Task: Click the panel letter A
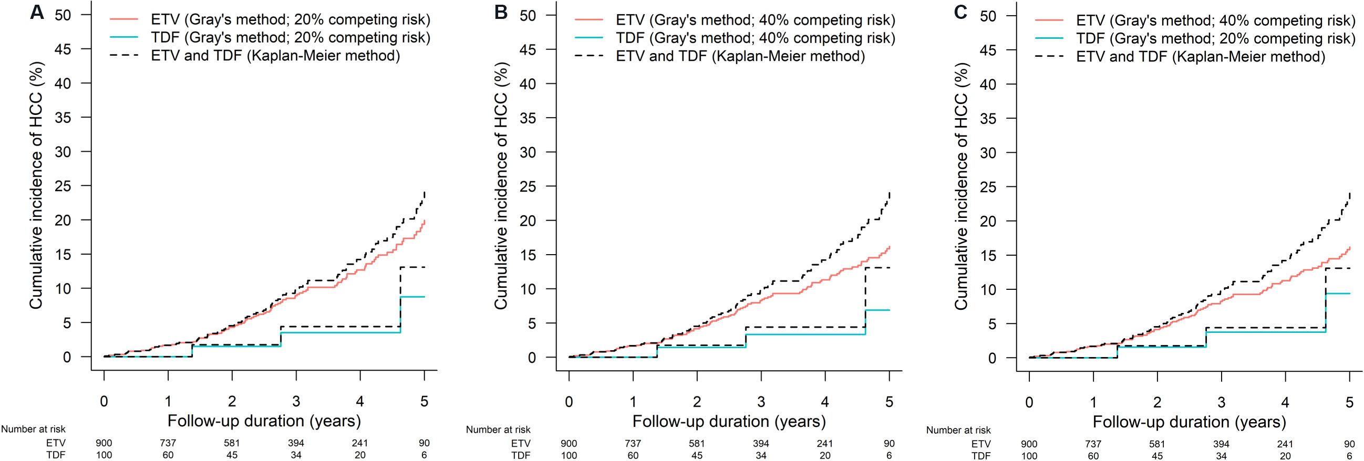click(x=37, y=12)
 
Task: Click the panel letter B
click(x=500, y=12)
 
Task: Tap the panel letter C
click(x=960, y=12)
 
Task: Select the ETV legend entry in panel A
click(x=270, y=19)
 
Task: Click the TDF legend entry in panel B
click(x=735, y=38)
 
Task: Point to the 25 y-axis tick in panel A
click(x=63, y=186)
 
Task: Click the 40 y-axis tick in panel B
click(x=528, y=83)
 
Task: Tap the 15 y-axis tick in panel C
click(x=987, y=255)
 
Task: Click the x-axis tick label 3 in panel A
click(x=296, y=402)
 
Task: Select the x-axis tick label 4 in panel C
click(x=1285, y=403)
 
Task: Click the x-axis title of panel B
click(x=729, y=422)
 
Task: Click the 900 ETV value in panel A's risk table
click(x=104, y=443)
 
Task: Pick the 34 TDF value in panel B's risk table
click(x=761, y=455)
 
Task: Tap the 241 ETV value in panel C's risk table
click(x=1285, y=444)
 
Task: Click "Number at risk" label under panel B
click(x=498, y=430)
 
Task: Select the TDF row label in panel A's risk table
click(x=56, y=455)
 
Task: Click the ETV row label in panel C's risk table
click(x=980, y=444)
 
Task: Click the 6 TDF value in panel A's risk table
click(x=424, y=455)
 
